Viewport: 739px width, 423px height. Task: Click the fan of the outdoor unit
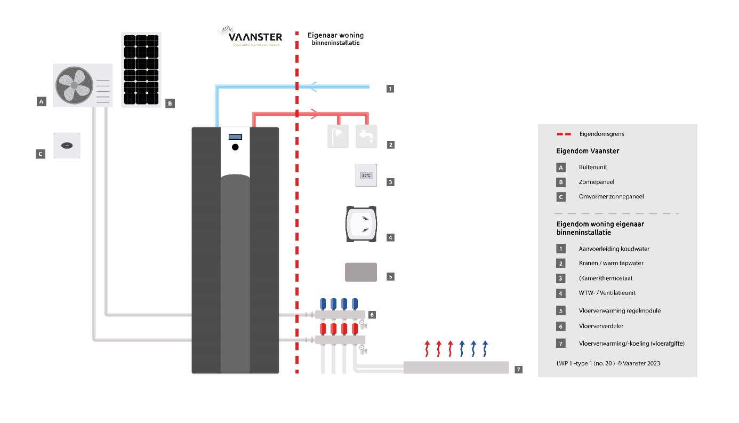click(74, 85)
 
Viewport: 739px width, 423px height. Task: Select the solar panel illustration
click(141, 69)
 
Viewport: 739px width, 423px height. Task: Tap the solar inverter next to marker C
click(67, 146)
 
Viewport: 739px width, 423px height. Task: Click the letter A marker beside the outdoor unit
click(41, 100)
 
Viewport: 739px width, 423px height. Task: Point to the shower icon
click(338, 137)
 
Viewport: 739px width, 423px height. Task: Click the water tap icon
click(366, 137)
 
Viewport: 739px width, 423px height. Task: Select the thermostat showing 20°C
click(366, 175)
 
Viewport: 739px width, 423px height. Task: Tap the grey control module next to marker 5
click(361, 272)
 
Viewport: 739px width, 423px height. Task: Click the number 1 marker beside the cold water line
click(390, 89)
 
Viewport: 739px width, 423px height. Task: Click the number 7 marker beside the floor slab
click(519, 369)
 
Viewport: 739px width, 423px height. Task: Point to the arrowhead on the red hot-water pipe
click(315, 114)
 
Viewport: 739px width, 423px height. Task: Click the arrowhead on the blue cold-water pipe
click(314, 85)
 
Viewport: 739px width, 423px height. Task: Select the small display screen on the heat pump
click(235, 137)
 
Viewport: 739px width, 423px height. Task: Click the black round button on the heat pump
click(235, 147)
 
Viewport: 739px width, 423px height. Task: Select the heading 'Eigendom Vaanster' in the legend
click(587, 151)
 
